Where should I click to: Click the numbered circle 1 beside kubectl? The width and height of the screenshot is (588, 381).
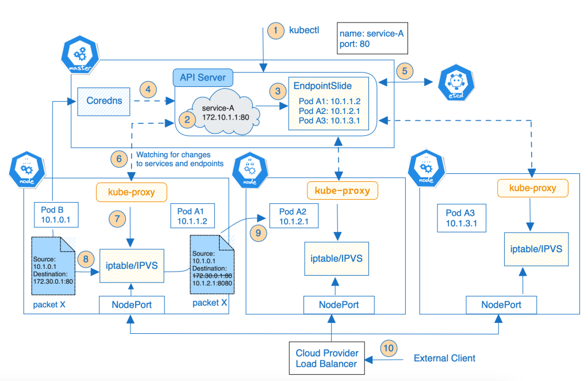[x=276, y=31]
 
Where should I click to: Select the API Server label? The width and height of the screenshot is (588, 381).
[x=202, y=78]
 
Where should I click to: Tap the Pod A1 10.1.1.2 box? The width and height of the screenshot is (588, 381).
[x=192, y=217]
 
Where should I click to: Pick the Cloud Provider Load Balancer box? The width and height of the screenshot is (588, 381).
[x=326, y=359]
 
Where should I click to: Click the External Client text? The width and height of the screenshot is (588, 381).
[x=444, y=358]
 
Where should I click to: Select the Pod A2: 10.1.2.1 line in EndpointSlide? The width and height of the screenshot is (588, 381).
[x=329, y=111]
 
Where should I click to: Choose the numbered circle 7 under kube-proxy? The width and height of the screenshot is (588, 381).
[x=117, y=219]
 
